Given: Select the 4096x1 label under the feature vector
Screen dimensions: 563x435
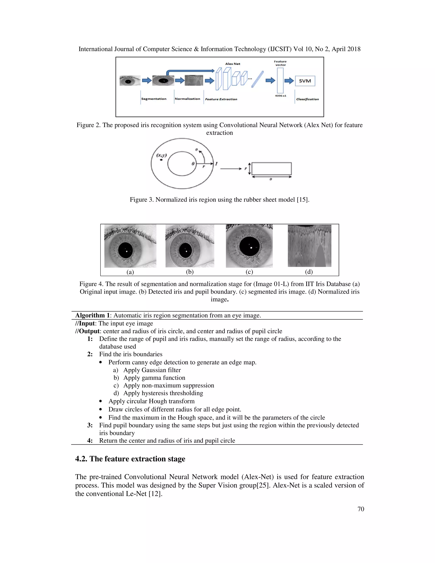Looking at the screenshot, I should click(x=280, y=96).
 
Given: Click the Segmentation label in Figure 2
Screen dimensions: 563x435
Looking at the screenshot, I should click(x=154, y=99).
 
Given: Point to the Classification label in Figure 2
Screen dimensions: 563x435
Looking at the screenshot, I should click(x=307, y=99).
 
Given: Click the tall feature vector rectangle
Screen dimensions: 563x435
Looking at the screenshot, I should click(x=280, y=80).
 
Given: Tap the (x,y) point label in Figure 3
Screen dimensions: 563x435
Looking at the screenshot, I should click(x=162, y=155).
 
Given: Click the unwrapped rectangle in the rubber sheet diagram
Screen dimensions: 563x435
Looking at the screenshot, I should click(x=271, y=169).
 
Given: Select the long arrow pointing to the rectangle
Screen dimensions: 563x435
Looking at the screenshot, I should click(x=231, y=169).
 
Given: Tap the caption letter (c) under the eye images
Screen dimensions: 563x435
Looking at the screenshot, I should click(x=249, y=272).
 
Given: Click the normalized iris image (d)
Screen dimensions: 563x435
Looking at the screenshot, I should click(x=309, y=246).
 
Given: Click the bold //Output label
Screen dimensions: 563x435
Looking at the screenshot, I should click(x=87, y=331).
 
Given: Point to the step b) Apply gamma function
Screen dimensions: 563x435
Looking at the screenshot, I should click(x=154, y=378).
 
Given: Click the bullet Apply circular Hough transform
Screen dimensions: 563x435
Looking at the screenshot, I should click(x=151, y=401).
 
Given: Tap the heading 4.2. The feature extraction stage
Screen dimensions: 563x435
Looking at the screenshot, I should click(x=130, y=459).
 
